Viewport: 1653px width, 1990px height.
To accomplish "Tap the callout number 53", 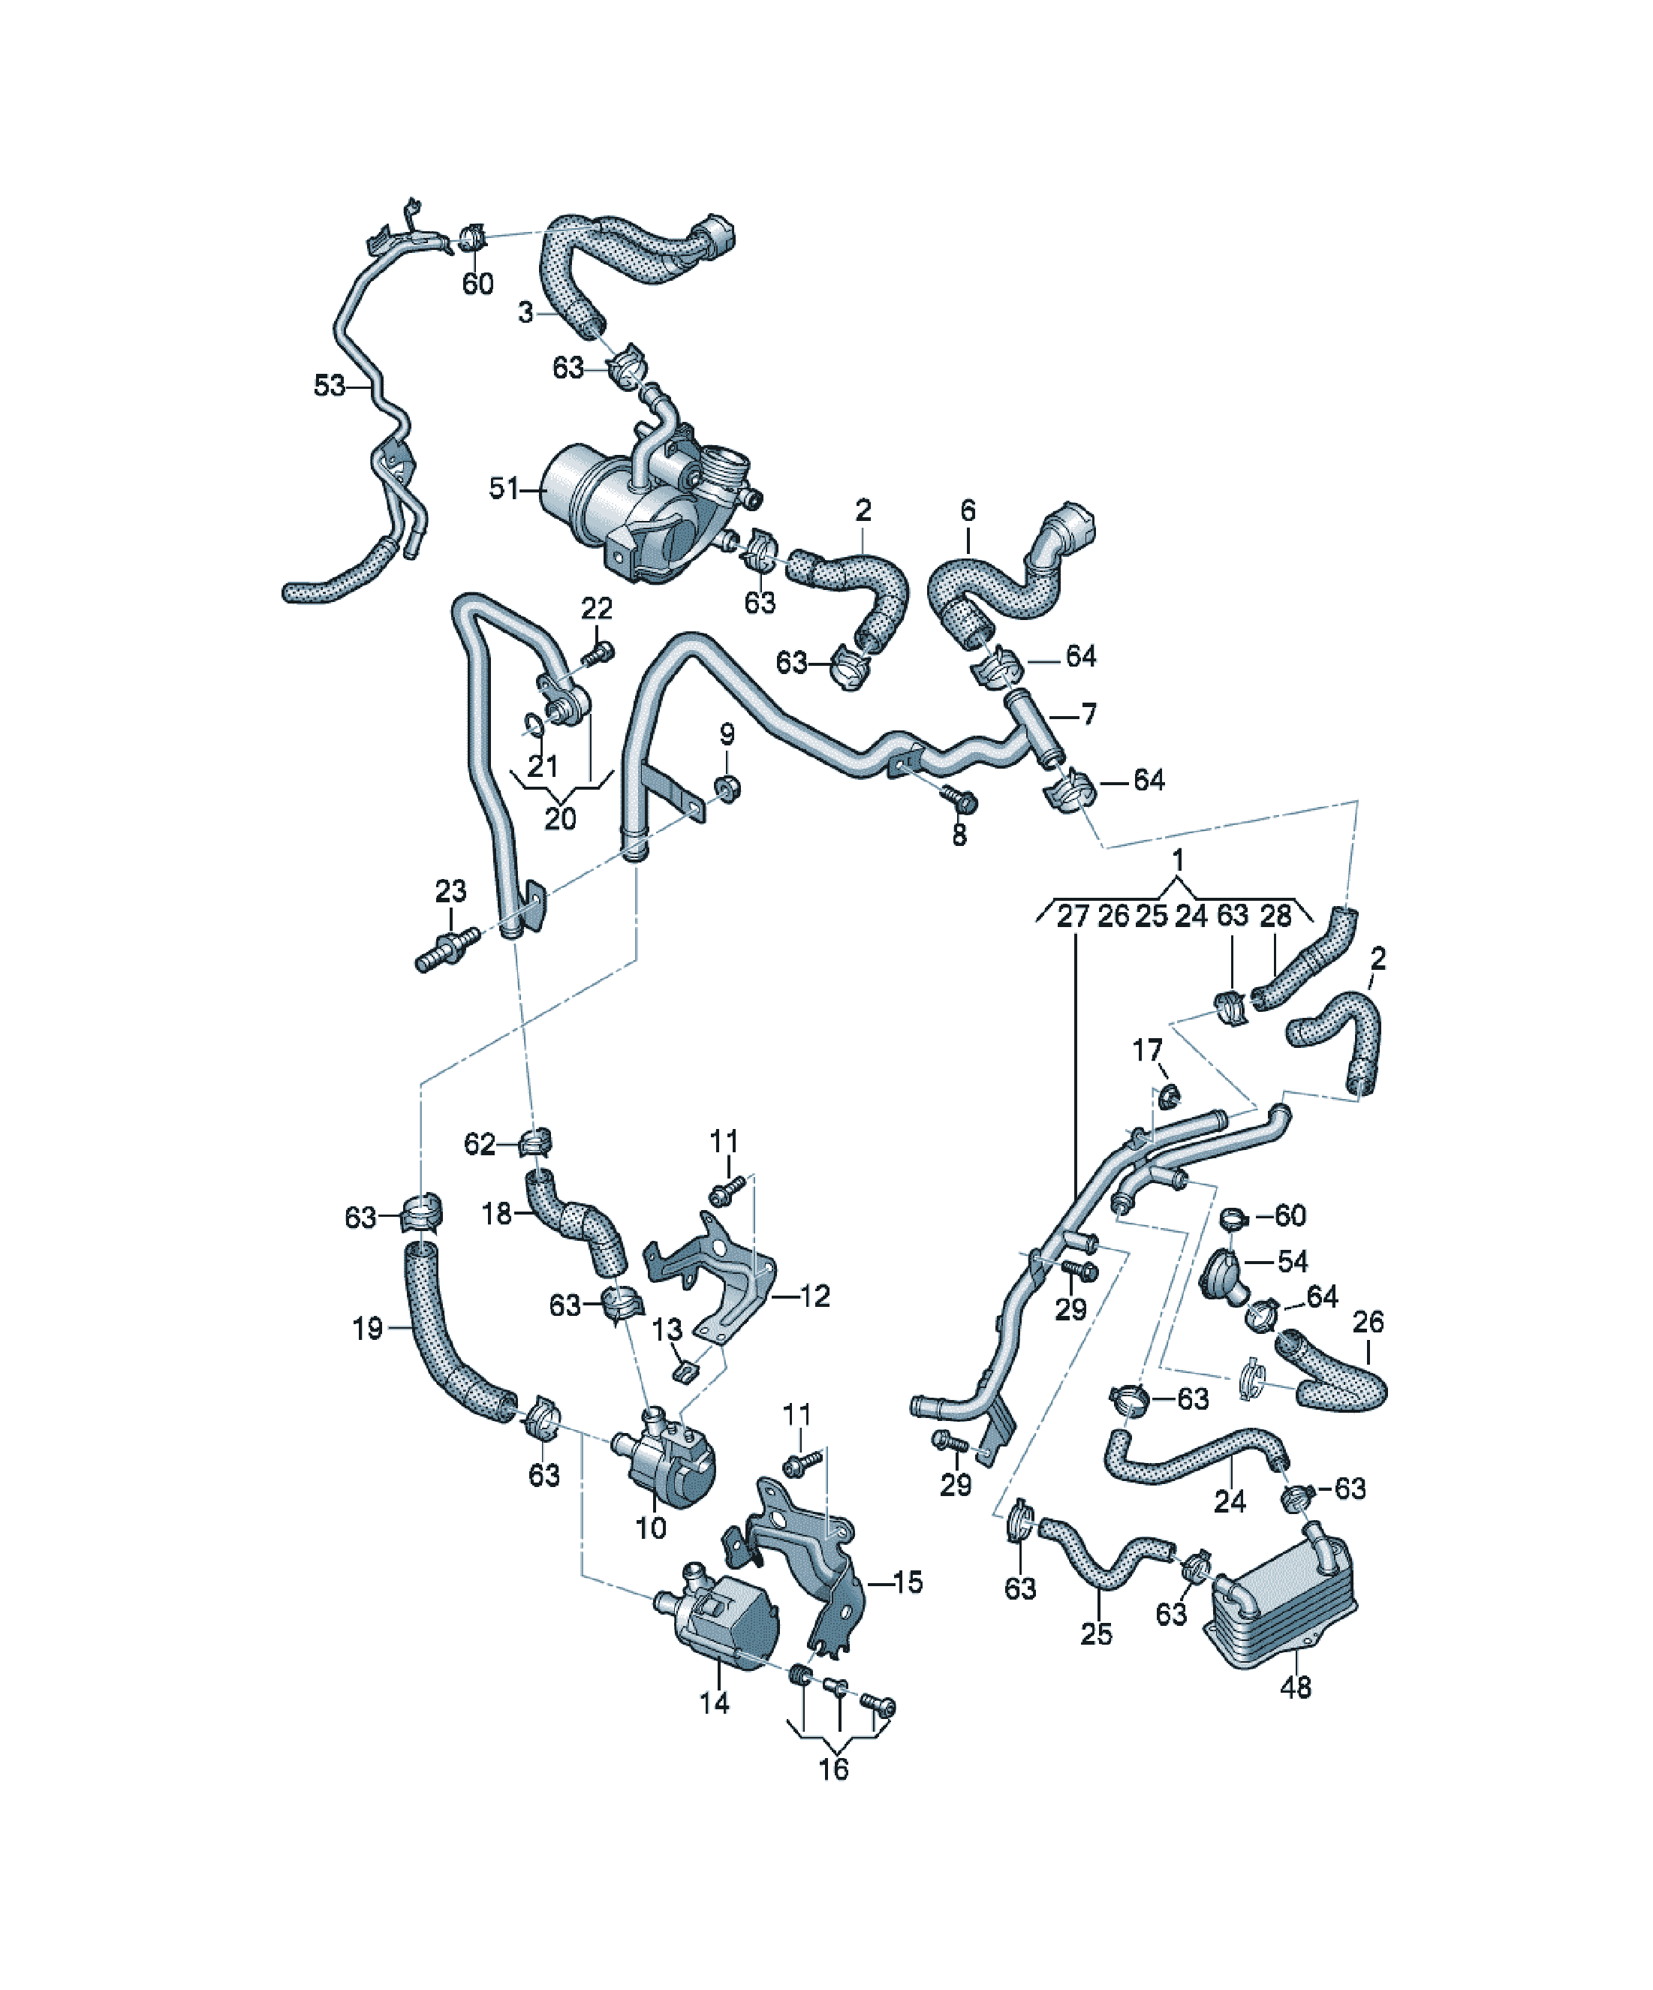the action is pos(329,386).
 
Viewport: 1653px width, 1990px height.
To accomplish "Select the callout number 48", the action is pos(1295,1687).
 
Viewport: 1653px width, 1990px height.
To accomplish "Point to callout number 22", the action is pos(596,607).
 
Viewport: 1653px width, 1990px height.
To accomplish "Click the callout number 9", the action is pos(727,733).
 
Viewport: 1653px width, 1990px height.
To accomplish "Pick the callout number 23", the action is pos(450,891).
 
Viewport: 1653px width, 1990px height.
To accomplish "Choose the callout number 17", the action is pos(1147,1050).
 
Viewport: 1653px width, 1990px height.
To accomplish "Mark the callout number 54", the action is pos(1292,1261).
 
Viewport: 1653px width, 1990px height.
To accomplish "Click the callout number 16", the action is pos(833,1769).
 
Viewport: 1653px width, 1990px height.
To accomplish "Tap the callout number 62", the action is pos(480,1144).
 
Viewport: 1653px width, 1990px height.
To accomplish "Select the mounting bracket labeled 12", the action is pos(715,1275).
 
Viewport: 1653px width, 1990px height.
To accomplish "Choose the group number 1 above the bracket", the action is pos(1177,860).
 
